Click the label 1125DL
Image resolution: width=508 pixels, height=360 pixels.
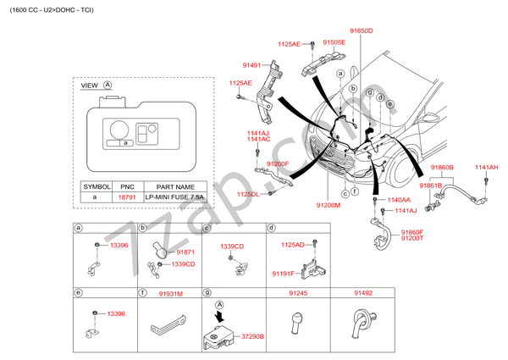click(247, 194)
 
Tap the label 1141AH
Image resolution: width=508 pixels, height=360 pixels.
click(486, 168)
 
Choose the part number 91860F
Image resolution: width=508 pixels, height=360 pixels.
click(411, 232)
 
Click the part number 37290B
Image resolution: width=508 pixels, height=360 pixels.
click(251, 336)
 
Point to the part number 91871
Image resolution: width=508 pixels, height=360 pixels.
click(185, 252)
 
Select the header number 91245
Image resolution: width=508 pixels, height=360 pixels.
click(297, 293)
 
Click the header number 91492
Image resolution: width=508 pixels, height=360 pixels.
click(362, 293)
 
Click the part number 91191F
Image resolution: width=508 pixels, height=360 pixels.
click(283, 274)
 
